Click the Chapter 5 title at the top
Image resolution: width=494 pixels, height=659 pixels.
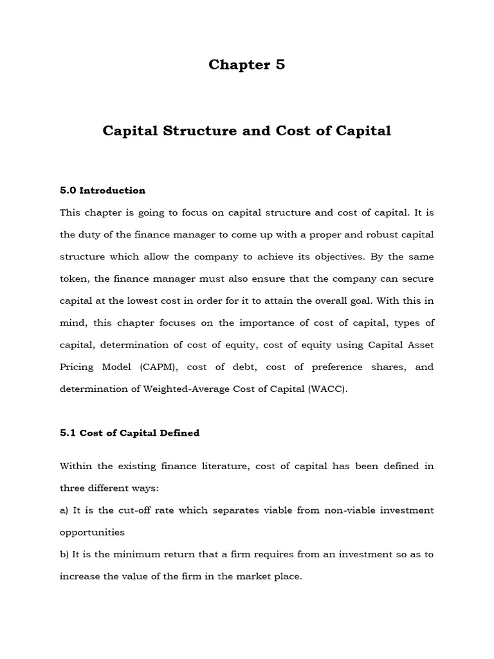click(x=246, y=65)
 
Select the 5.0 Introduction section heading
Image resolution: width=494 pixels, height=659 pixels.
click(x=102, y=190)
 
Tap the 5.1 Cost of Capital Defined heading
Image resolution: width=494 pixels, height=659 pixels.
click(x=129, y=433)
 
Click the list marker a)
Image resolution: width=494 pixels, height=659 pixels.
click(x=64, y=510)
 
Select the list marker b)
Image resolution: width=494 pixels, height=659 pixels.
click(x=64, y=554)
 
